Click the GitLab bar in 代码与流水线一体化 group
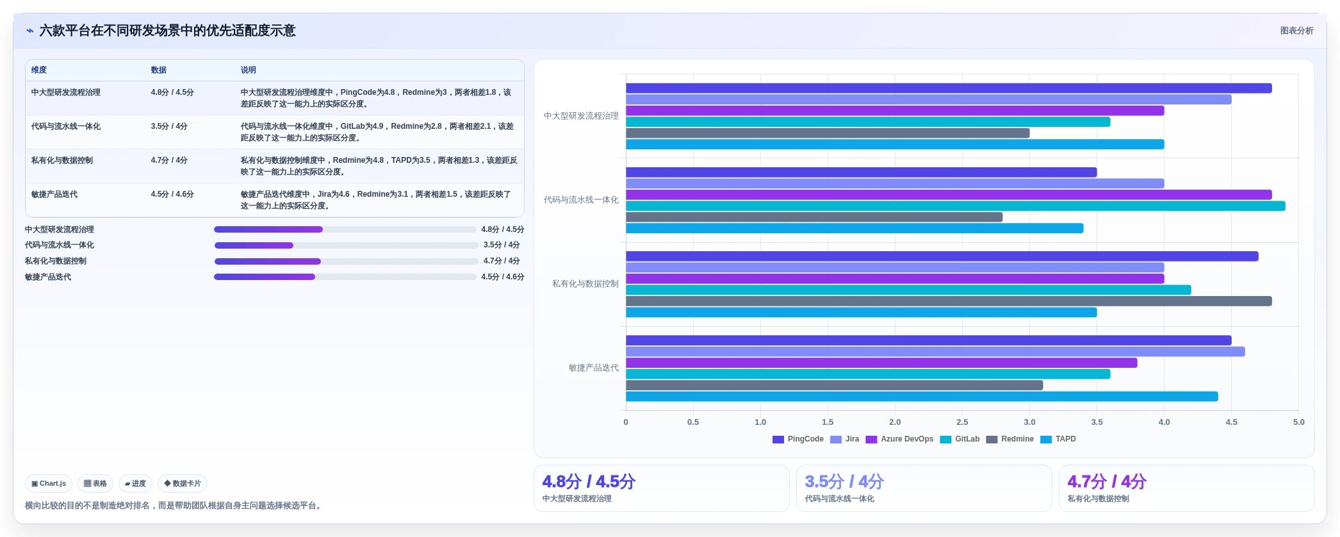pyautogui.click(x=956, y=206)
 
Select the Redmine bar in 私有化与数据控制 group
pyautogui.click(x=949, y=301)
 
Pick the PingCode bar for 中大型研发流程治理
pyautogui.click(x=949, y=88)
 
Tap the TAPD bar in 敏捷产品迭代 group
pyautogui.click(x=922, y=397)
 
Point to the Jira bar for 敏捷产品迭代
pyautogui.click(x=935, y=352)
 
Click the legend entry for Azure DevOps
pyautogui.click(x=899, y=439)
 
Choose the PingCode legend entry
pyautogui.click(x=798, y=439)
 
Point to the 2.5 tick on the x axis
pyautogui.click(x=962, y=422)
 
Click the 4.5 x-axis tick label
pyautogui.click(x=1231, y=422)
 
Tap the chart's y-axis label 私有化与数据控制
pyautogui.click(x=585, y=284)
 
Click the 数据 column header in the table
pyautogui.click(x=159, y=70)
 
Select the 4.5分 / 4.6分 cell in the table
pyautogui.click(x=172, y=194)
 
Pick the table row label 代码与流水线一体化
pyautogui.click(x=66, y=126)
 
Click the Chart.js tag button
pyautogui.click(x=49, y=484)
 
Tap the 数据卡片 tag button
pyautogui.click(x=183, y=484)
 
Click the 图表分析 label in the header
pyautogui.click(x=1296, y=31)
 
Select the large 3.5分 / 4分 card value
pyautogui.click(x=844, y=481)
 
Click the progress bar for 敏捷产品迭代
pyautogui.click(x=345, y=277)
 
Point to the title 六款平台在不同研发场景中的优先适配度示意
pyautogui.click(x=167, y=31)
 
